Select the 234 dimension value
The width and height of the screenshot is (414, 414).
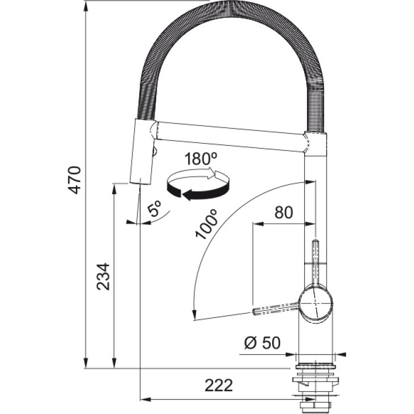(x=103, y=277)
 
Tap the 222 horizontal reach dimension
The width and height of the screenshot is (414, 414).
(x=219, y=386)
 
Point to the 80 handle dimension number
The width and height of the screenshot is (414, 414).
(x=284, y=213)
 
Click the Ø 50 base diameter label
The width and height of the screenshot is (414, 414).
(x=262, y=343)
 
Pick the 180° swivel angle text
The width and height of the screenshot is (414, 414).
(x=201, y=159)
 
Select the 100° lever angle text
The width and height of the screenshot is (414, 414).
(x=206, y=224)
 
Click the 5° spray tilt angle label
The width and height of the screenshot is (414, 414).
(x=155, y=209)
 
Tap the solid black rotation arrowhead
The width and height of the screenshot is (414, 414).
(x=188, y=196)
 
